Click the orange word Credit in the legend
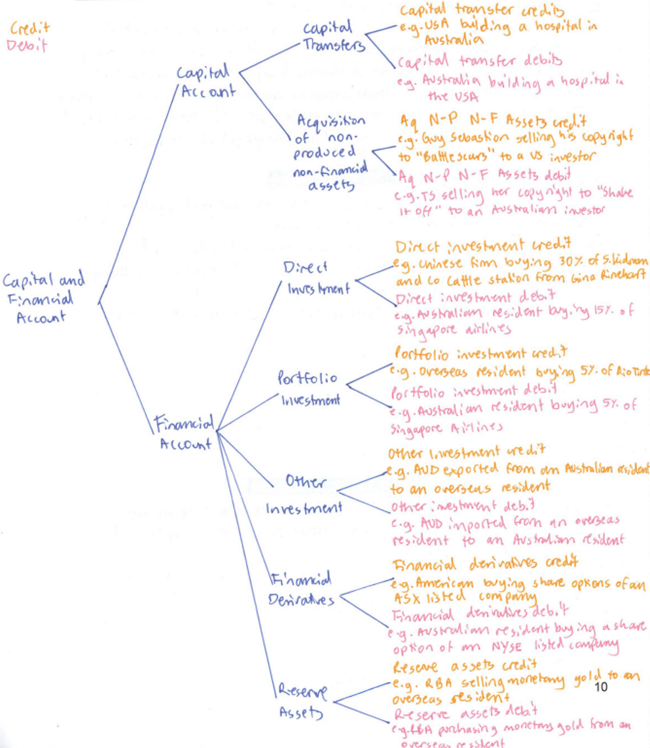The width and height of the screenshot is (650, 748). point(30,29)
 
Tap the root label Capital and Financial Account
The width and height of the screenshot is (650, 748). point(43,298)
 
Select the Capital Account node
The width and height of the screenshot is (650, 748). point(206,82)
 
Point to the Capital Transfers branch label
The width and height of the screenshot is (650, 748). point(332,36)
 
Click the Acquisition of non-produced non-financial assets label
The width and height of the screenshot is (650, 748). point(331,152)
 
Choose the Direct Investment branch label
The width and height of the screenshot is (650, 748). point(317,278)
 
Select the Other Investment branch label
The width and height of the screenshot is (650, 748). point(304,495)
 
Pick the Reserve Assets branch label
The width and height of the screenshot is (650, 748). point(302,701)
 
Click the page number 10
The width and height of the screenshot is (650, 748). point(600,687)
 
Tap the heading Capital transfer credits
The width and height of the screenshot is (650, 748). point(481,11)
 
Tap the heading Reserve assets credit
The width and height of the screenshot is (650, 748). point(464,666)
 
